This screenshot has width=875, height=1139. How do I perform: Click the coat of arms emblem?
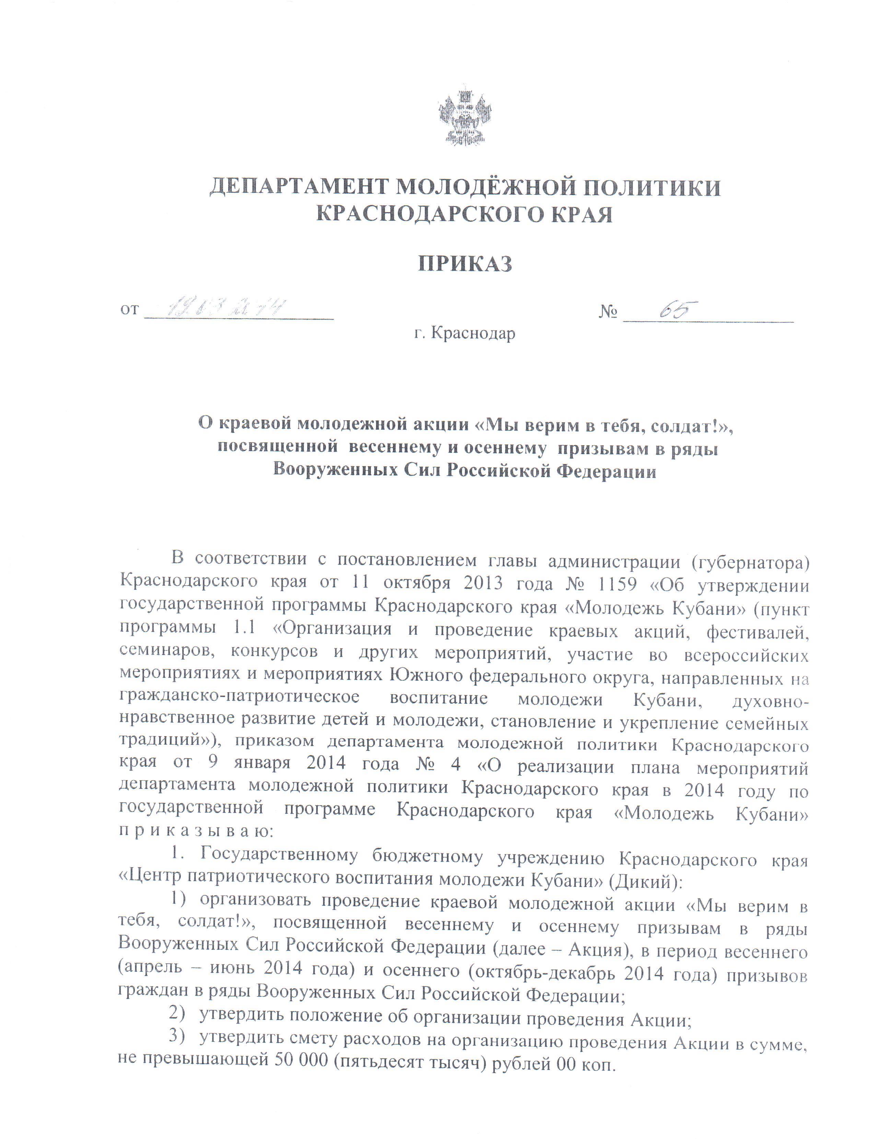465,117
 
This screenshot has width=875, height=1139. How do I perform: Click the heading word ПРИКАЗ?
465,264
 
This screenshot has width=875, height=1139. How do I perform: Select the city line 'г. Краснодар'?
465,333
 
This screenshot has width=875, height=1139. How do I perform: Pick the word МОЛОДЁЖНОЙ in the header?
482,186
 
